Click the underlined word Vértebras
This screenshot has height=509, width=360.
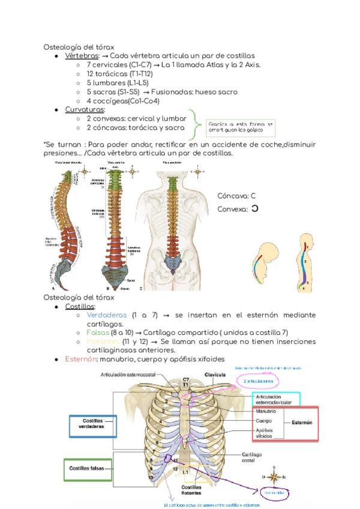click(x=82, y=55)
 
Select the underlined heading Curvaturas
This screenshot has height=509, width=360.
click(x=85, y=110)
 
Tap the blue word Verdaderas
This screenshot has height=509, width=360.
click(x=107, y=315)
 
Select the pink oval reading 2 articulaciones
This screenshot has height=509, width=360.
click(x=259, y=381)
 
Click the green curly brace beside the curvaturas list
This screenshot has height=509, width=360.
click(x=193, y=124)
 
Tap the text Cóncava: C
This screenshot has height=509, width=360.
click(x=236, y=196)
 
